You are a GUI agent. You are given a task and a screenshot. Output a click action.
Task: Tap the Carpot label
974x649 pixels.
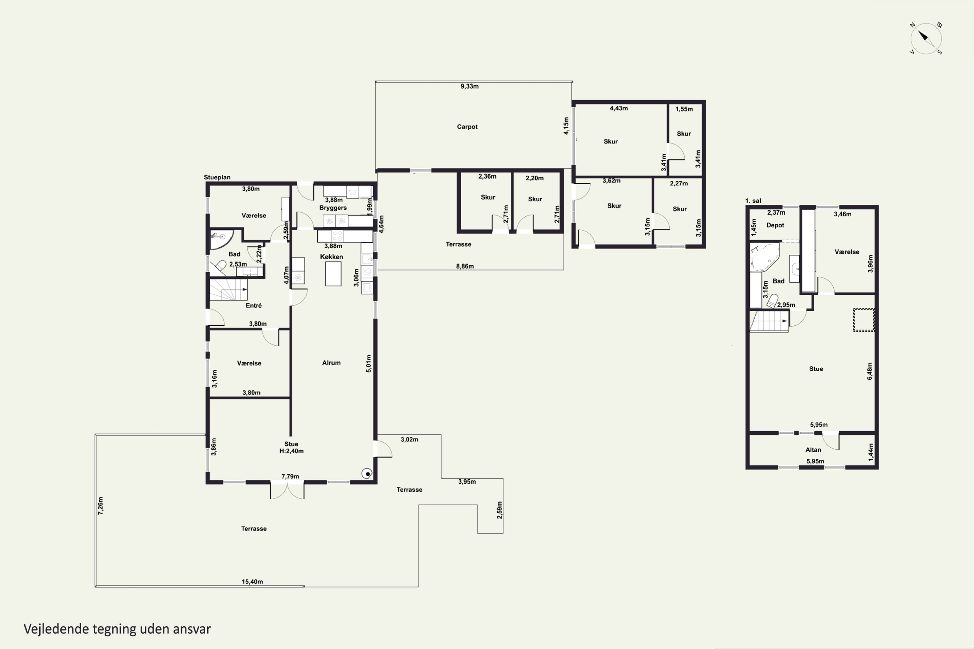(x=467, y=127)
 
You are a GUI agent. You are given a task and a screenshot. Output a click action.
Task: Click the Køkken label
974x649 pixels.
(x=331, y=257)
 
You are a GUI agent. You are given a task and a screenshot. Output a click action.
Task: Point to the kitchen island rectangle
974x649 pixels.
(x=333, y=274)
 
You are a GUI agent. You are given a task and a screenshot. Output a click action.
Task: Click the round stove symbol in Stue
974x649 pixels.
(x=367, y=473)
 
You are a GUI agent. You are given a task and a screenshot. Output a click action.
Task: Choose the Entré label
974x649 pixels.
(x=254, y=305)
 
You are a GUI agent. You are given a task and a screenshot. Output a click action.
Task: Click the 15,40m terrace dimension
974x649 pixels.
(x=252, y=582)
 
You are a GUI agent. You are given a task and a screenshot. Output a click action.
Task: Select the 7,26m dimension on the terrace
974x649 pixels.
(x=100, y=506)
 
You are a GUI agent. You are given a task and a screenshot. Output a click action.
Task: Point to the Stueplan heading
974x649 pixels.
(x=217, y=177)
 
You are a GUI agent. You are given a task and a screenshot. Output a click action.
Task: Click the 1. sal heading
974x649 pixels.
(x=753, y=201)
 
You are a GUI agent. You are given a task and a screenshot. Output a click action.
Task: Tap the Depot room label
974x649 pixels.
(x=775, y=225)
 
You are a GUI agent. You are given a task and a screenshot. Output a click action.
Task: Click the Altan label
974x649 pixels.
(x=813, y=450)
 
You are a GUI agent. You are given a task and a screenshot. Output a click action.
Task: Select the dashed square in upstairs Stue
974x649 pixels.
(x=863, y=320)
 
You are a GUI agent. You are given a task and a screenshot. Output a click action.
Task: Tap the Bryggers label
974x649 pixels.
(x=333, y=208)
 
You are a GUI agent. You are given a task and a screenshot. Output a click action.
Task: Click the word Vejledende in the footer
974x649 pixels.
(x=56, y=629)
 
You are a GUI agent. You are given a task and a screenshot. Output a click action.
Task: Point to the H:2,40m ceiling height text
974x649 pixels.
(x=292, y=451)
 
